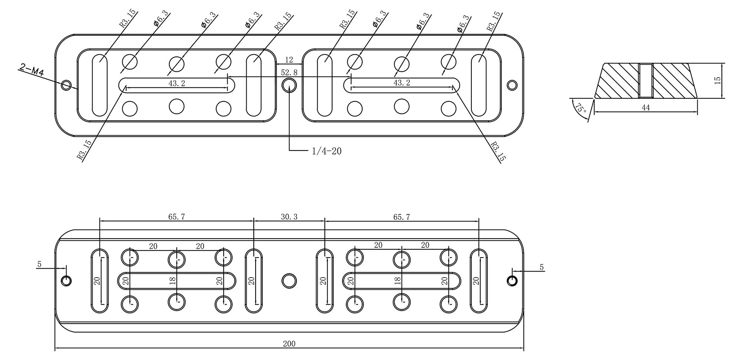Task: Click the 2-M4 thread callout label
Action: pyautogui.click(x=31, y=70)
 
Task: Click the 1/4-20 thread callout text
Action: pyautogui.click(x=327, y=151)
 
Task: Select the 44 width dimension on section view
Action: pyautogui.click(x=646, y=108)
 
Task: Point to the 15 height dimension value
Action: pyautogui.click(x=717, y=80)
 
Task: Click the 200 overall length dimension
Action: pyautogui.click(x=289, y=344)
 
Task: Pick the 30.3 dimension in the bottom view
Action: pyautogui.click(x=289, y=217)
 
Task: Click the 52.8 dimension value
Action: pyautogui.click(x=289, y=72)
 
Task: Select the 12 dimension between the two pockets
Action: pyautogui.click(x=289, y=60)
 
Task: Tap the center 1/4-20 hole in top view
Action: pyautogui.click(x=289, y=85)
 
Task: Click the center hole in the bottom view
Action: pyautogui.click(x=289, y=280)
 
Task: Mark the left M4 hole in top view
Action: pyautogui.click(x=66, y=85)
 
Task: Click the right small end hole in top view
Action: pyautogui.click(x=512, y=85)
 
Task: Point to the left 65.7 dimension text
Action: pyautogui.click(x=176, y=217)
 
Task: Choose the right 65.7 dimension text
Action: pyautogui.click(x=402, y=217)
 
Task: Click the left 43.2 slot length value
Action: pyautogui.click(x=176, y=84)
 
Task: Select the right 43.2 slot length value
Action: pyautogui.click(x=402, y=83)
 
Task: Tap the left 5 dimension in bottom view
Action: pyautogui.click(x=39, y=265)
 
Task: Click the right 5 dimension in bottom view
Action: pyautogui.click(x=541, y=267)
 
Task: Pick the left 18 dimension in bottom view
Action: pyautogui.click(x=172, y=281)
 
